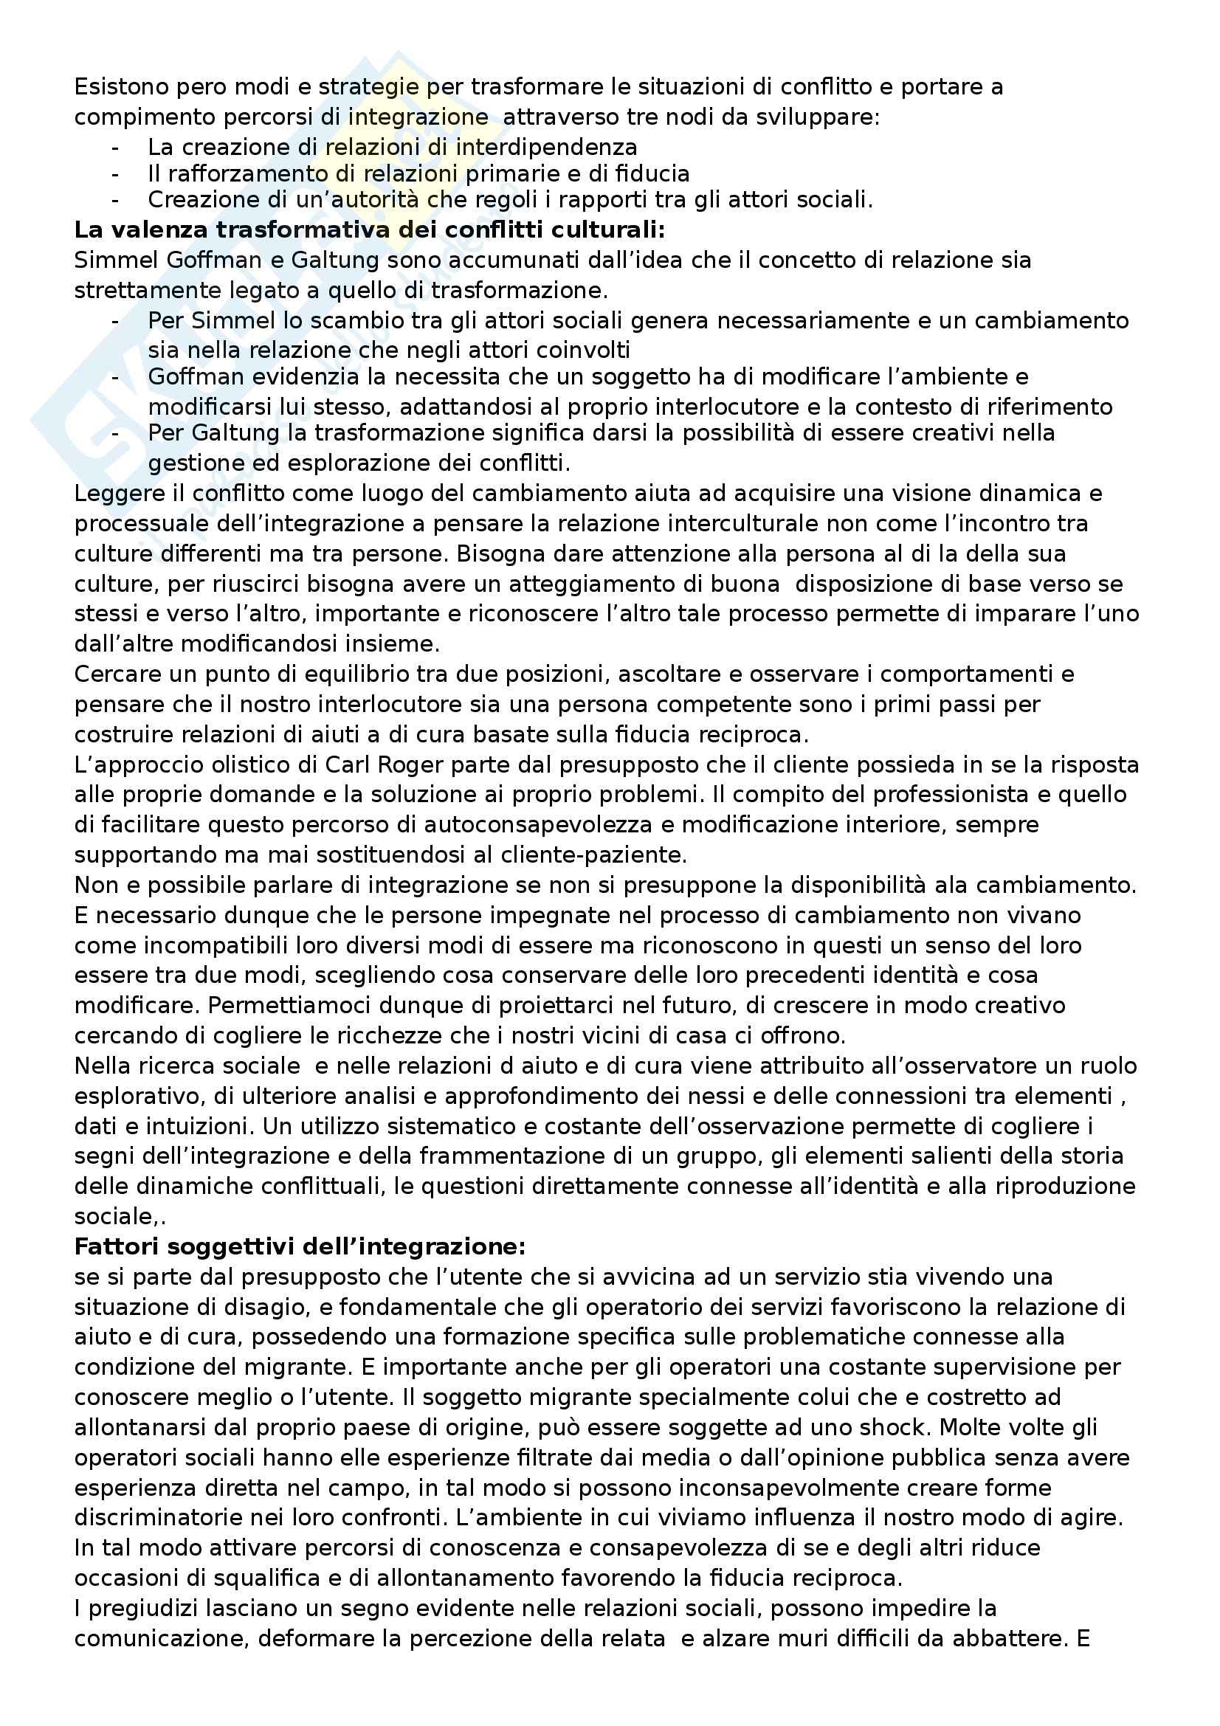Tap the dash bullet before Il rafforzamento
coord(115,174)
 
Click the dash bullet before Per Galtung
coord(115,434)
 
